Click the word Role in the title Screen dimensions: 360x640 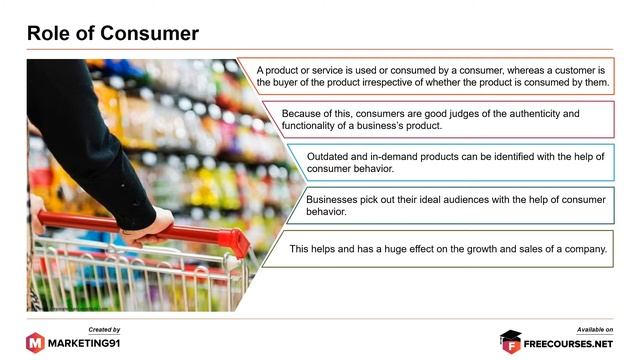point(51,33)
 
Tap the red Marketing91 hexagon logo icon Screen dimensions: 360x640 point(35,342)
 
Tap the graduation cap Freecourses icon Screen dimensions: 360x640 point(511,341)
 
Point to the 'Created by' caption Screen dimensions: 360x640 point(104,329)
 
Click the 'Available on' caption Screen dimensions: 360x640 point(595,329)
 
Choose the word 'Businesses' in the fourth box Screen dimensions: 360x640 point(334,200)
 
